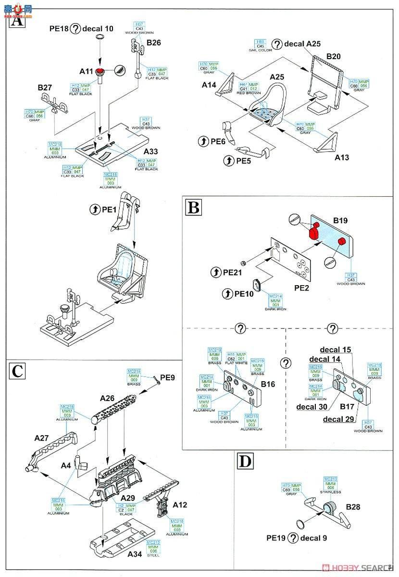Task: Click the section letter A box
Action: pos(16,22)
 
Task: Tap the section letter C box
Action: pos(17,371)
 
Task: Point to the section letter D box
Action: pos(244,462)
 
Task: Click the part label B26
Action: pos(154,43)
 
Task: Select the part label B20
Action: pos(333,57)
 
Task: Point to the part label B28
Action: pos(352,506)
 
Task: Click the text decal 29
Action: pos(338,419)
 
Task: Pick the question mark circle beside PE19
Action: pos(293,538)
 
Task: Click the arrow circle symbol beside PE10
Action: pos(228,293)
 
